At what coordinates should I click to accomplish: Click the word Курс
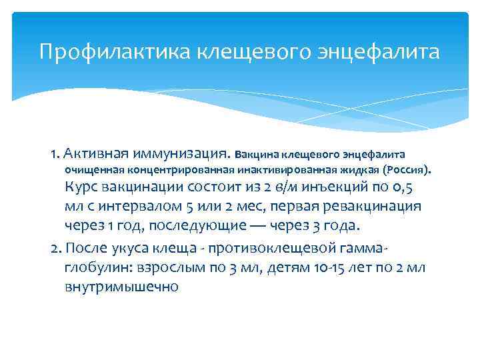(81, 188)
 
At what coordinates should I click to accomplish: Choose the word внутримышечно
(121, 287)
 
